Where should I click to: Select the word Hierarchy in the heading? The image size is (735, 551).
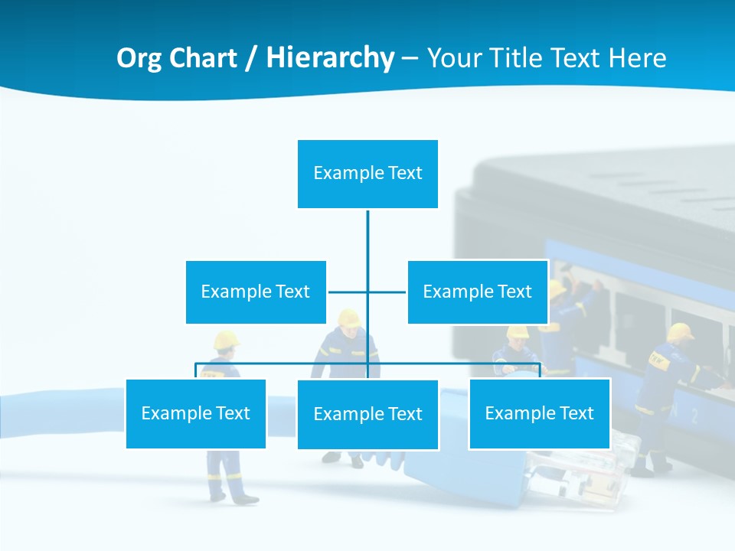pos(330,58)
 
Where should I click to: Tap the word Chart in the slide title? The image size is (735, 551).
pos(201,58)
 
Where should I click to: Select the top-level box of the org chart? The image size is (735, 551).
pos(367,174)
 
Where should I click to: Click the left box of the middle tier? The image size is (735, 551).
pos(256,292)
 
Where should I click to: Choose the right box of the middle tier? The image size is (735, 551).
pos(477,292)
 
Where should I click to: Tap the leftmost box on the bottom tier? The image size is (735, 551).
pos(195,413)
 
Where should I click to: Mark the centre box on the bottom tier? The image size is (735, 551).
pos(367,414)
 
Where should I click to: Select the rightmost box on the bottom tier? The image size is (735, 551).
pos(539,413)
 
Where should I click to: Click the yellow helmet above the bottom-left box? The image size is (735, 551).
pos(227,339)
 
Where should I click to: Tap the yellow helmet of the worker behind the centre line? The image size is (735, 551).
pos(349,317)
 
